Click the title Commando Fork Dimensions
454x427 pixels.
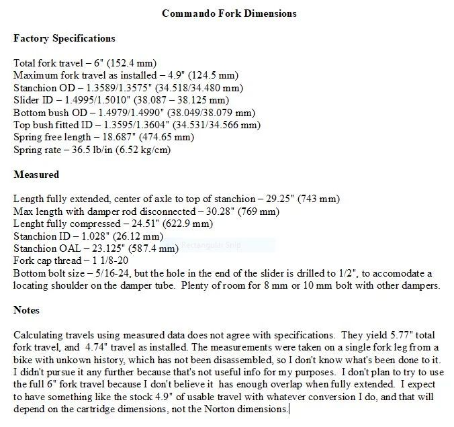(229, 13)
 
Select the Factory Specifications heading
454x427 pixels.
(64, 38)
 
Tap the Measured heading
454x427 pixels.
(36, 175)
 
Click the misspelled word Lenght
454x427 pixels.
(29, 224)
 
